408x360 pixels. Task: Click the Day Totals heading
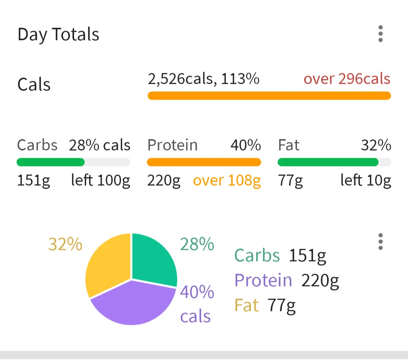[58, 35]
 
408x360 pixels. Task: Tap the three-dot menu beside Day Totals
[380, 34]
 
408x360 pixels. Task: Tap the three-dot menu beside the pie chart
[380, 242]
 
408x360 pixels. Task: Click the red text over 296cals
[347, 79]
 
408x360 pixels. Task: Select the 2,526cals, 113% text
[204, 79]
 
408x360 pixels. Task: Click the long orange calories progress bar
[269, 96]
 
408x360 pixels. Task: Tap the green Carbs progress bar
[51, 162]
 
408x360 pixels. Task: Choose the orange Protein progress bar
[204, 162]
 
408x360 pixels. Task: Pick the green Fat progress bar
[328, 162]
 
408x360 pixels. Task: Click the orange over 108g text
[227, 181]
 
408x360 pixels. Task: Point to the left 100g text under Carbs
[100, 181]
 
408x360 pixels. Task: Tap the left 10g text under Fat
[365, 181]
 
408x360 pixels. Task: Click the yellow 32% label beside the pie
[65, 245]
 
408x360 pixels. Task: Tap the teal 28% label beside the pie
[197, 245]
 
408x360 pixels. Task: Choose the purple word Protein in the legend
[263, 280]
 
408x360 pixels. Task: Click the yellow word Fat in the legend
[246, 305]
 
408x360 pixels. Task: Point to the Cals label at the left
[34, 84]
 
